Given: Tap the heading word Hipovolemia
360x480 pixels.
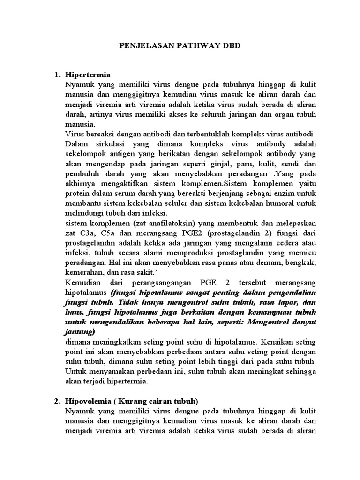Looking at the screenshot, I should (x=91, y=401).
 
